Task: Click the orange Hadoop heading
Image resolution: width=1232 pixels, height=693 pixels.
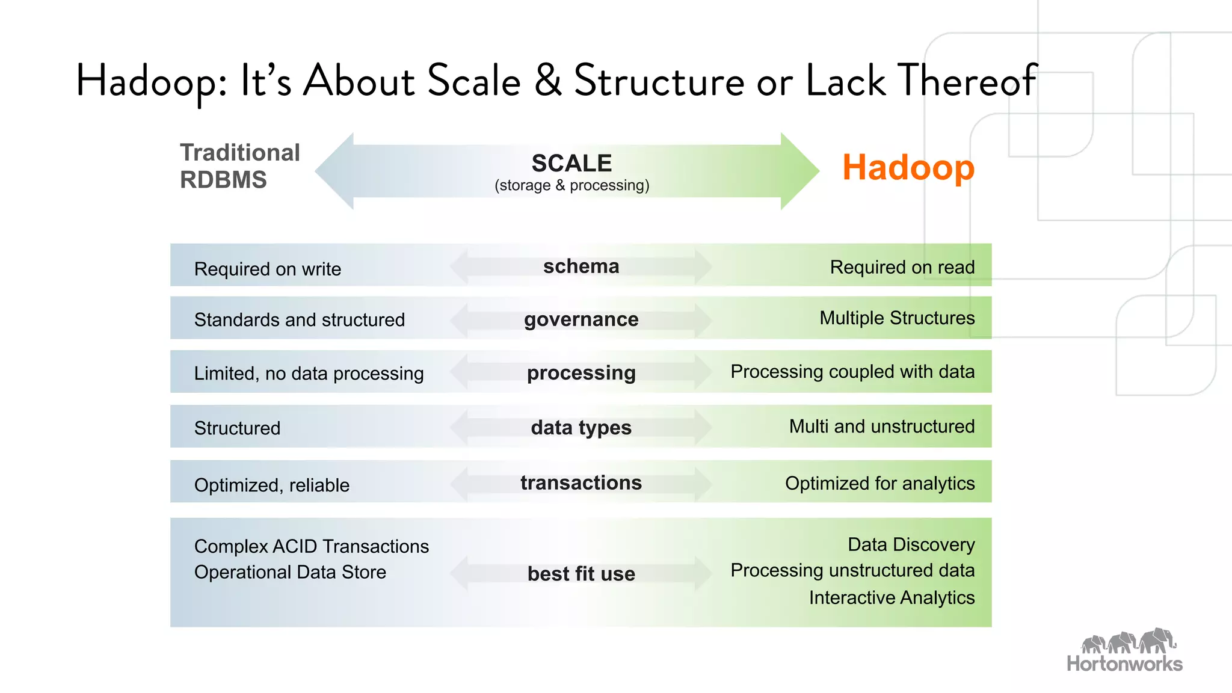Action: coord(908,168)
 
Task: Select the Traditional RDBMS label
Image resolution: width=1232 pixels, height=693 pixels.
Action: coord(239,166)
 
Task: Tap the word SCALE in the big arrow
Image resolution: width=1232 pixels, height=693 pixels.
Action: coord(571,163)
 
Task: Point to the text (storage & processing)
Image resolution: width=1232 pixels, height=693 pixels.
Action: coord(571,185)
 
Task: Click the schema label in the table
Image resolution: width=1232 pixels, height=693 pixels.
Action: coord(581,266)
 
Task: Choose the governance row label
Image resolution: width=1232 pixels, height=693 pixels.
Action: coord(581,319)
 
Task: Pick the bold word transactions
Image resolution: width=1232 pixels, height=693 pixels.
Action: coord(581,482)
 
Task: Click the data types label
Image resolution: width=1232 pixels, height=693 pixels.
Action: coord(581,428)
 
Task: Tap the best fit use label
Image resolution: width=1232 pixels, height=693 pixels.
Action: coord(581,573)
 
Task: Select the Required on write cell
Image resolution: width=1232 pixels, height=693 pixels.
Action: coord(268,269)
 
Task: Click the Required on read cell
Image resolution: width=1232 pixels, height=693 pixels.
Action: coord(902,267)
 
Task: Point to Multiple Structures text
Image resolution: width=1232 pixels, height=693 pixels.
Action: coord(897,318)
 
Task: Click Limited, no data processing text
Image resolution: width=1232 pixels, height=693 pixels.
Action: coord(309,374)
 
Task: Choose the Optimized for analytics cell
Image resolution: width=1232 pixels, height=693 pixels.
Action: coord(879,483)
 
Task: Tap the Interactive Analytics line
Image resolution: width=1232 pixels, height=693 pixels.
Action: coord(892,597)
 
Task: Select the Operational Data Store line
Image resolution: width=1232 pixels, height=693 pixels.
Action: coord(290,572)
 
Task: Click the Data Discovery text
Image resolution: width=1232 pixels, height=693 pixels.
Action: coord(911,544)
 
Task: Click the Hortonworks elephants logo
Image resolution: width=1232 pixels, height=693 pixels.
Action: coord(1128,642)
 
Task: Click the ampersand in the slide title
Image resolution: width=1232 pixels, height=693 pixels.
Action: coord(548,81)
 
